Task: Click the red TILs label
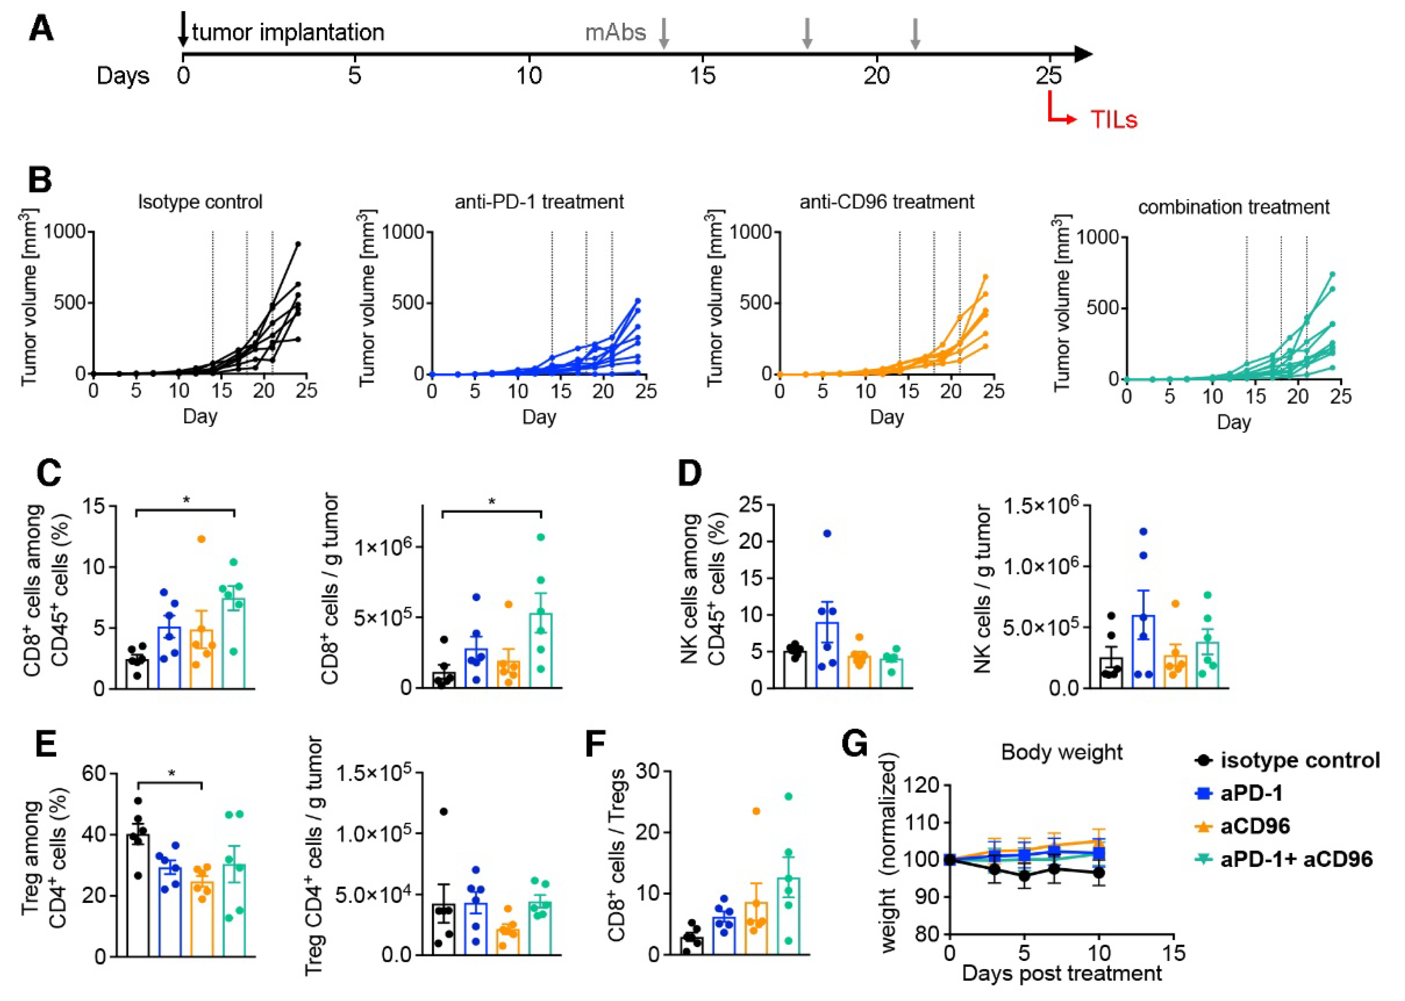point(1113,119)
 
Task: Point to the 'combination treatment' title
point(1233,207)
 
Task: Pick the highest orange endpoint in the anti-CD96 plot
point(985,277)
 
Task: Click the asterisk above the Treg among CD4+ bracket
point(172,773)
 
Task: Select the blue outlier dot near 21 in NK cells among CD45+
point(827,534)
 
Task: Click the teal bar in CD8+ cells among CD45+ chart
point(233,643)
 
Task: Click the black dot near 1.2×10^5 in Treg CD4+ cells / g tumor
point(443,812)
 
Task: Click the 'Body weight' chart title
point(1062,752)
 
